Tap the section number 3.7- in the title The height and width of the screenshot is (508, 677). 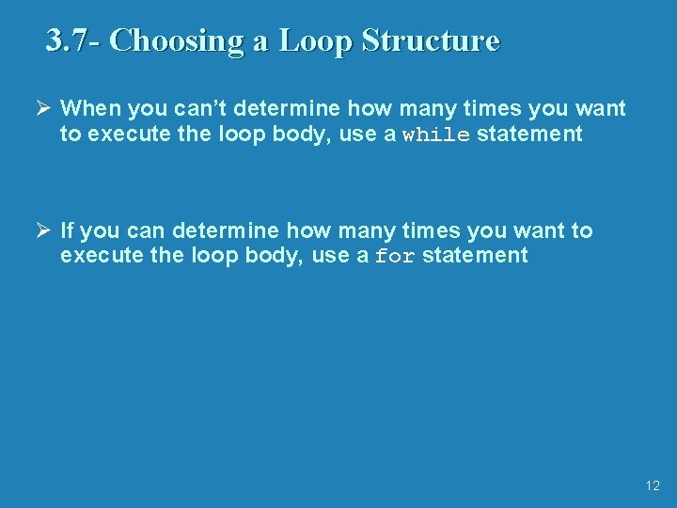coord(74,40)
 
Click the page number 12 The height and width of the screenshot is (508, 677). coord(653,486)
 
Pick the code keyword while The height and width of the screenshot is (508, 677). coord(436,135)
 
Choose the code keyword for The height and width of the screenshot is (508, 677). coord(395,257)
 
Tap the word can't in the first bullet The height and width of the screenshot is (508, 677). coord(197,109)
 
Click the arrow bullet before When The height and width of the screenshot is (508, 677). coord(43,109)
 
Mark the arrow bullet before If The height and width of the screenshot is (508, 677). coord(43,230)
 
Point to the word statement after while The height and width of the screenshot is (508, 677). coord(529,135)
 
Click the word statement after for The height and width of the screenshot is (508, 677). coord(475,256)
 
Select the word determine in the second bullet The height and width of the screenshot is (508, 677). coord(226,230)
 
